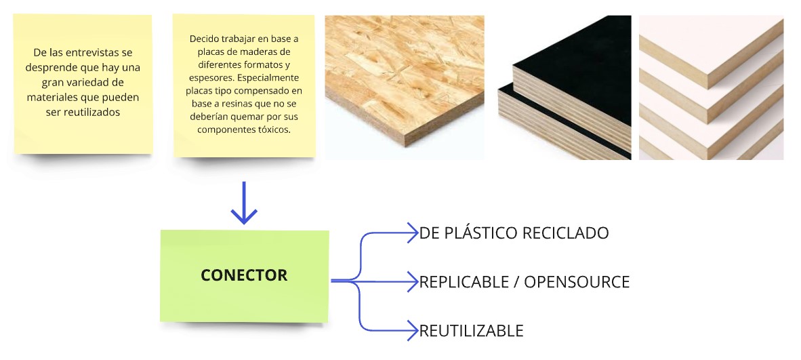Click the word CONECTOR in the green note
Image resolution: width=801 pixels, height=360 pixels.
pyautogui.click(x=244, y=275)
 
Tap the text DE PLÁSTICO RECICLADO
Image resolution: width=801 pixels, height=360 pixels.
pyautogui.click(x=514, y=233)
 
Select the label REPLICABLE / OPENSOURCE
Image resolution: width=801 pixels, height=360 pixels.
pyautogui.click(x=524, y=282)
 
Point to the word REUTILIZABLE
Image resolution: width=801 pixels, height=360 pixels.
pyautogui.click(x=472, y=331)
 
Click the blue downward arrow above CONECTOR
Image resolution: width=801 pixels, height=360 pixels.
pyautogui.click(x=244, y=203)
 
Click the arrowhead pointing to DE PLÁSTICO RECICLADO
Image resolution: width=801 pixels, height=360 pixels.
pyautogui.click(x=412, y=233)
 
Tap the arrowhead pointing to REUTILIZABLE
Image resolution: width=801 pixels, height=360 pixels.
pyautogui.click(x=412, y=330)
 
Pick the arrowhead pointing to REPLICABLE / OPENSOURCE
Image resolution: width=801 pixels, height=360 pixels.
pyautogui.click(x=412, y=282)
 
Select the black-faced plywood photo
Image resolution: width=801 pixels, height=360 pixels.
pyautogui.click(x=564, y=87)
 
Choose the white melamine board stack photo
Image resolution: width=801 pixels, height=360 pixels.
pyautogui.click(x=711, y=87)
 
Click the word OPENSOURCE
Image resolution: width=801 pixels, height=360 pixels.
pyautogui.click(x=577, y=282)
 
